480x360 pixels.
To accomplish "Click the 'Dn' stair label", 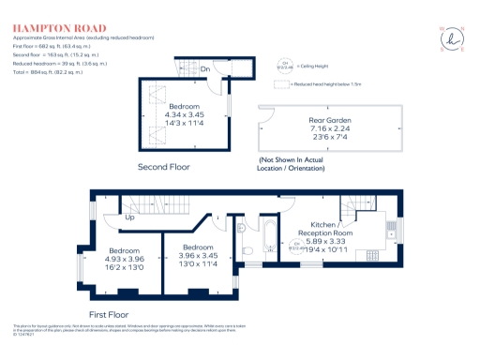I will click(x=204, y=68).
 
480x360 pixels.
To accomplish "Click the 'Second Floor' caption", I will click(x=164, y=167).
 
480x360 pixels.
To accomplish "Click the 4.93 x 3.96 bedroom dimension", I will click(x=125, y=260).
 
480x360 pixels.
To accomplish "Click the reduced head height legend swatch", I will click(x=280, y=84).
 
